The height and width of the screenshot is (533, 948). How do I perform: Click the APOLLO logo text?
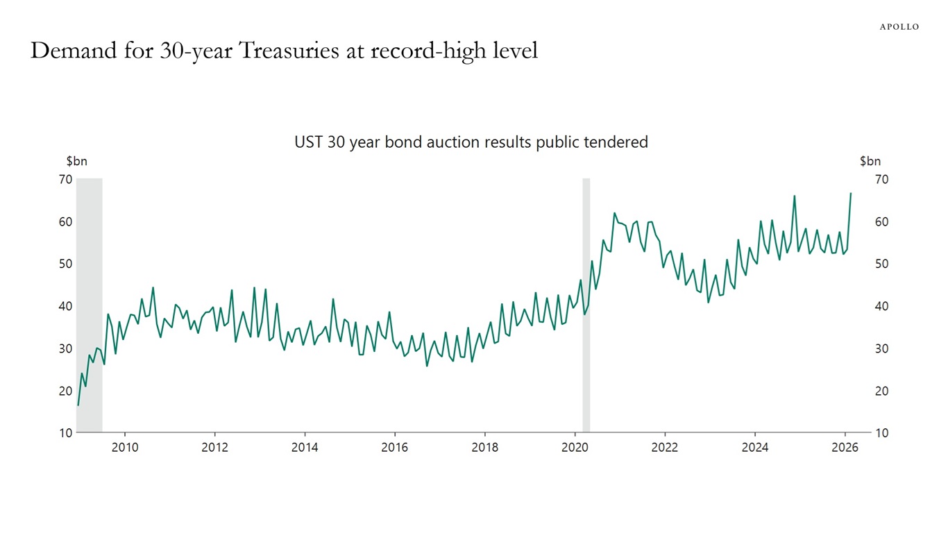click(x=899, y=26)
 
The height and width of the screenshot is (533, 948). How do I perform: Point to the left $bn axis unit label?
click(x=76, y=162)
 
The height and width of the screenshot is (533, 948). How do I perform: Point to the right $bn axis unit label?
click(x=870, y=162)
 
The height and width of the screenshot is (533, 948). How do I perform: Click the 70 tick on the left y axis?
click(x=65, y=180)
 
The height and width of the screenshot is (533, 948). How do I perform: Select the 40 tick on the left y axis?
click(x=65, y=306)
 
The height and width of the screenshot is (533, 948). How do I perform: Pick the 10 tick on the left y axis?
click(x=65, y=433)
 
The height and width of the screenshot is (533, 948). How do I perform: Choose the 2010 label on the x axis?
click(x=124, y=448)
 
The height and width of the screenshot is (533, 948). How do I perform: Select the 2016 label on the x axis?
click(x=394, y=448)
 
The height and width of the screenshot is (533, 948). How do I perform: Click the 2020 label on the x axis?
click(x=575, y=448)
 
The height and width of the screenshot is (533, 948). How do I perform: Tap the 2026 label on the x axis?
click(x=845, y=448)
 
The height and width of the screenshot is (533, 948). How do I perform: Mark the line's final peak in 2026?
click(x=851, y=194)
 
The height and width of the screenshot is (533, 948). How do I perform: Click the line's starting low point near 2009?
click(x=78, y=405)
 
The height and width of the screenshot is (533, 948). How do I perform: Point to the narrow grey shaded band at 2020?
click(x=586, y=305)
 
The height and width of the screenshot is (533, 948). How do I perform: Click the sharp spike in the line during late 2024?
click(x=794, y=196)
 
